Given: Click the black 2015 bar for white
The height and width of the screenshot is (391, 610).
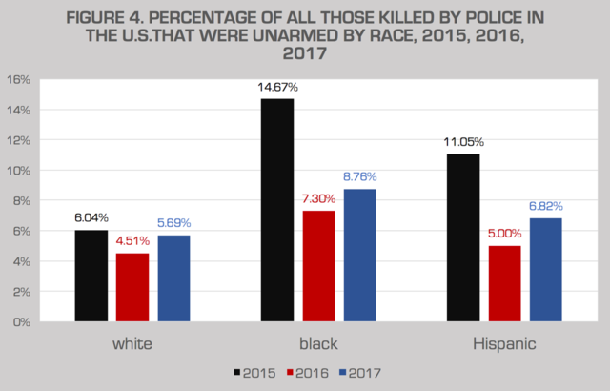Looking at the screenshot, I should (x=91, y=276).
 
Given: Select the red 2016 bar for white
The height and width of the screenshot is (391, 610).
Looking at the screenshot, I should (x=132, y=287).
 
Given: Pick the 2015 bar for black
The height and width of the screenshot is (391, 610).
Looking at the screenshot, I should (x=277, y=210).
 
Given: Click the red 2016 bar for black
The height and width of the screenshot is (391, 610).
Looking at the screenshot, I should (x=319, y=266).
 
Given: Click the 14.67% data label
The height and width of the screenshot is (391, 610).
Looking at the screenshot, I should (x=277, y=88).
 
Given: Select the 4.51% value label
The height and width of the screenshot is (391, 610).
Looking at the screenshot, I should (x=132, y=240).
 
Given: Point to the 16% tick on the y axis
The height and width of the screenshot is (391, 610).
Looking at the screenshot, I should (x=20, y=79).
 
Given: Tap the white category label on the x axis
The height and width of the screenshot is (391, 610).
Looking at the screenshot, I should (x=132, y=342).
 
